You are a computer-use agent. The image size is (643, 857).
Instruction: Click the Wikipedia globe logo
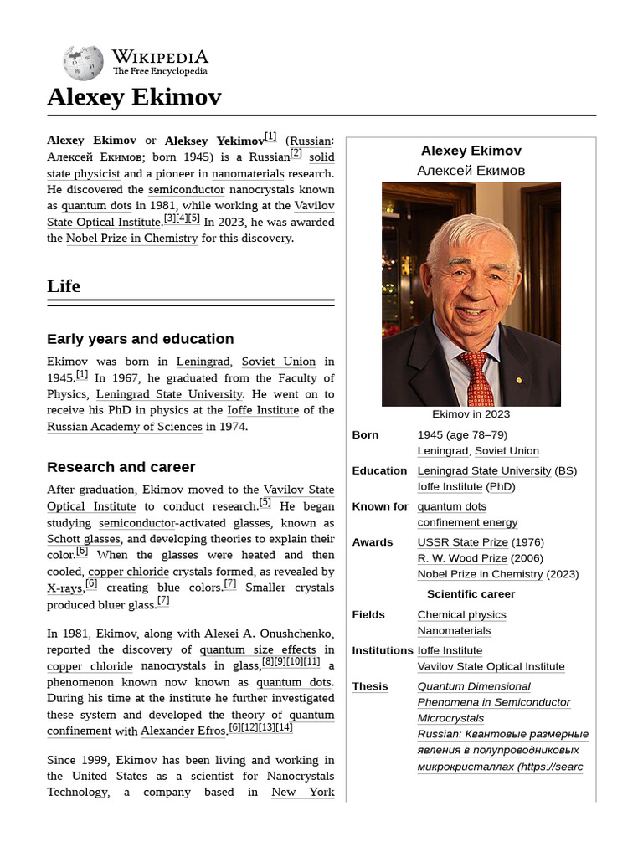(x=83, y=63)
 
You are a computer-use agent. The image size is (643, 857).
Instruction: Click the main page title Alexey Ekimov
(x=134, y=98)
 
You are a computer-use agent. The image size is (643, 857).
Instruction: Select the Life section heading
(x=64, y=286)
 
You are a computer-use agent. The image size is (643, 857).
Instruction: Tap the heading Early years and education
(x=140, y=339)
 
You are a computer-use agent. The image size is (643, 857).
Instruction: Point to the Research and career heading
(x=121, y=467)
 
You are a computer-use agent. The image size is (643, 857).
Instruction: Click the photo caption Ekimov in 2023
(x=471, y=414)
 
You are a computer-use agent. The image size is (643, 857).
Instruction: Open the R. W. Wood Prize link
(x=462, y=558)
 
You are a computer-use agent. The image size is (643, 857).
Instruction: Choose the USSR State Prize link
(x=462, y=542)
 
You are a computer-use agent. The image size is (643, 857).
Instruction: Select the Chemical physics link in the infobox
(x=461, y=614)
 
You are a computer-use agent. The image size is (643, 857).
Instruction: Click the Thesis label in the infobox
(x=370, y=686)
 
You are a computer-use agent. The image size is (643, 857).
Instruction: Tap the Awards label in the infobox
(x=373, y=542)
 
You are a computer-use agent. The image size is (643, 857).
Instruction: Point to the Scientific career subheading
(x=471, y=594)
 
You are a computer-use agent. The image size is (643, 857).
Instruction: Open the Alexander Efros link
(x=183, y=731)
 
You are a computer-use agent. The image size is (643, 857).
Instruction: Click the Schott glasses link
(x=84, y=539)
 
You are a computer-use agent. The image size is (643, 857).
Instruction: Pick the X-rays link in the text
(x=64, y=588)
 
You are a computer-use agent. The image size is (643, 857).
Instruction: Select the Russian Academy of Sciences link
(x=125, y=427)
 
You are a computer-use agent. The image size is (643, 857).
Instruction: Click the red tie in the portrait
(x=480, y=381)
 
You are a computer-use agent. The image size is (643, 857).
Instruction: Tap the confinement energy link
(x=467, y=522)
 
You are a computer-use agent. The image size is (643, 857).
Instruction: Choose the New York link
(x=302, y=792)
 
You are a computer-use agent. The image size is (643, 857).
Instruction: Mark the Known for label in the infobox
(x=380, y=506)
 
